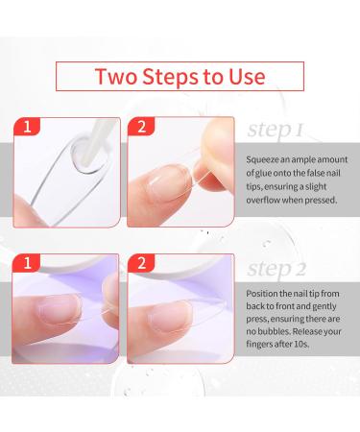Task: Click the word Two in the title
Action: pos(114,77)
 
